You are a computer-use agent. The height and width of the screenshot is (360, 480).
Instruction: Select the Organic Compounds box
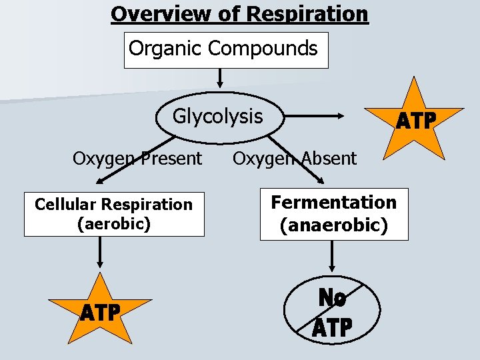[x=226, y=50]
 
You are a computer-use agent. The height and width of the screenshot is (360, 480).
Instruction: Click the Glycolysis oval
[x=218, y=117]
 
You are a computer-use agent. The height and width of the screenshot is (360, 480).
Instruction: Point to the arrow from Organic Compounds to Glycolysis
[x=219, y=79]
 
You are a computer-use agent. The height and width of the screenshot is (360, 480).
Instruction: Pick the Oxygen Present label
[x=137, y=159]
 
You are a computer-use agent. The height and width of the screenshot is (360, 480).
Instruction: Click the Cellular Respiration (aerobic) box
[x=114, y=214]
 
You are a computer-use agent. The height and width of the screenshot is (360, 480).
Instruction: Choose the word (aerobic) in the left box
[x=114, y=223]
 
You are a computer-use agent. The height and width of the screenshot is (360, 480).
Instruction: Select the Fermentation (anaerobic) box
[x=333, y=214]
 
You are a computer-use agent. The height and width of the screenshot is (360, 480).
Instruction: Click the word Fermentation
[x=333, y=202]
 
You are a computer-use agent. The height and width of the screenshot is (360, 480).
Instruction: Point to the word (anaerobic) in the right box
[x=333, y=225]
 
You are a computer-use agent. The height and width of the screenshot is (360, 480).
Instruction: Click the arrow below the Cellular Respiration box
[x=100, y=253]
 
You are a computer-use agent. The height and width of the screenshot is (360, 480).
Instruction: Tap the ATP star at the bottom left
[x=101, y=312]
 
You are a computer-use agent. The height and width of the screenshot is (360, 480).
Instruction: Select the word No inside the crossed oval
[x=333, y=298]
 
